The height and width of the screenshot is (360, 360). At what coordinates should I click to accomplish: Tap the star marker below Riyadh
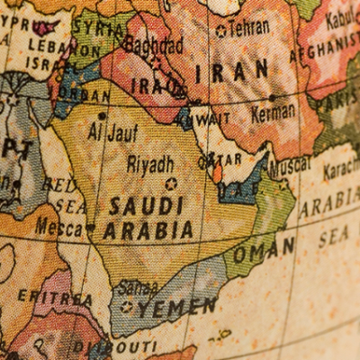point(171,184)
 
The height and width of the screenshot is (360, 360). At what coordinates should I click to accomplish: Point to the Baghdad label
point(154,45)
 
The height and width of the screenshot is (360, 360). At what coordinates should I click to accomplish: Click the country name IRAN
point(232,70)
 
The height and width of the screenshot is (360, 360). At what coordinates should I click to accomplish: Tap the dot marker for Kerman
point(272,97)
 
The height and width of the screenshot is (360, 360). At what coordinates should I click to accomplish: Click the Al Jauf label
point(112,133)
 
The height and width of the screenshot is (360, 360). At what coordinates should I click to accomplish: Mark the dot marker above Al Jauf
point(102,115)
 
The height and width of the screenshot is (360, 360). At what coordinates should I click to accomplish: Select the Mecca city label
point(58,228)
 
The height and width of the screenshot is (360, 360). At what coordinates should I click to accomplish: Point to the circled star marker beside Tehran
point(220,30)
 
